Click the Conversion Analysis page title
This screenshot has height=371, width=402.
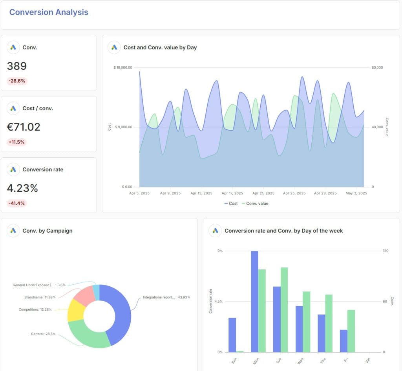pyautogui.click(x=49, y=12)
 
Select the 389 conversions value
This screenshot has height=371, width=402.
pyautogui.click(x=17, y=66)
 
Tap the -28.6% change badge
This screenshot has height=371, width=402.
pyautogui.click(x=17, y=81)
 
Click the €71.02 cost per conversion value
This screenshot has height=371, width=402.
pyautogui.click(x=24, y=127)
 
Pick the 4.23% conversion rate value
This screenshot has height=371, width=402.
pyautogui.click(x=22, y=188)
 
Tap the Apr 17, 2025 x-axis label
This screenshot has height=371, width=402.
pyautogui.click(x=232, y=193)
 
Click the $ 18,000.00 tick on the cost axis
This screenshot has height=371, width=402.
pyautogui.click(x=122, y=67)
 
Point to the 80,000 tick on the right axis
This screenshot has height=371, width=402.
pyautogui.click(x=377, y=67)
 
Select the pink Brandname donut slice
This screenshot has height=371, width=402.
pyautogui.click(x=83, y=296)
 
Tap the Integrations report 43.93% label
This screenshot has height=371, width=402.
pyautogui.click(x=166, y=297)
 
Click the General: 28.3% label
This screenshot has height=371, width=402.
pyautogui.click(x=43, y=334)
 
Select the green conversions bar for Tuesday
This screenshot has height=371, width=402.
pyautogui.click(x=284, y=309)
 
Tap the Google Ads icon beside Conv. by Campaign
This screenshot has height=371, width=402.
pyautogui.click(x=13, y=231)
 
